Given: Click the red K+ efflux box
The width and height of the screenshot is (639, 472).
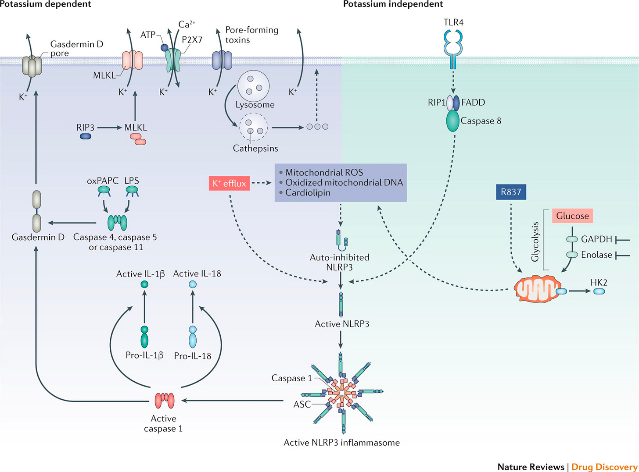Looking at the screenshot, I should coord(229,183).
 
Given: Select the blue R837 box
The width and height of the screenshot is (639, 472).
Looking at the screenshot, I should coord(511,192).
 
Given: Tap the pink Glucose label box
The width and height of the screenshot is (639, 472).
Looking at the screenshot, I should coord(572,216).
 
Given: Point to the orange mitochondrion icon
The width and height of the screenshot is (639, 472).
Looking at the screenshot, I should coord(537,288).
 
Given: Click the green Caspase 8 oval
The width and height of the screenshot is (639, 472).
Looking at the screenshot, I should coord(452,121).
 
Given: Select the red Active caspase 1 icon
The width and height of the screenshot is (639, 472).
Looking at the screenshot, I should coord(165,400).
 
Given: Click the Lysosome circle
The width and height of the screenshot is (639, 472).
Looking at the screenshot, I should coord(253,86).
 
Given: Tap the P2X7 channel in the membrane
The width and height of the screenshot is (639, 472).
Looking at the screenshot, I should coord(173,60).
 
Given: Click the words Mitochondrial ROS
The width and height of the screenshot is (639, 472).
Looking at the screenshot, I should coord(324,172).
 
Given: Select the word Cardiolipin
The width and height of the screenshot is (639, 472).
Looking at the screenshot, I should coord(308,192).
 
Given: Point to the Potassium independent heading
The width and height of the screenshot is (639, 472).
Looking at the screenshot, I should coord(393,4).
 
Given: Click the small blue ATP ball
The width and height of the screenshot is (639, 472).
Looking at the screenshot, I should coord(164,47).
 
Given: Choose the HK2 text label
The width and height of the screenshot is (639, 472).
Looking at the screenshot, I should coord(599,282).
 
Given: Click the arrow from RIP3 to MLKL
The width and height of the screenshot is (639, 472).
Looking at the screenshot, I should coord(109,128).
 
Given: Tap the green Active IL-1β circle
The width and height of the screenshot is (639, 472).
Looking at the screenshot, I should coord(144,284).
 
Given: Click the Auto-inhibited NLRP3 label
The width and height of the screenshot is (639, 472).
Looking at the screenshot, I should coord(339,262).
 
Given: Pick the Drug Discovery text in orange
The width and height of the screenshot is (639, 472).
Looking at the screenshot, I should coord(604,467).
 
